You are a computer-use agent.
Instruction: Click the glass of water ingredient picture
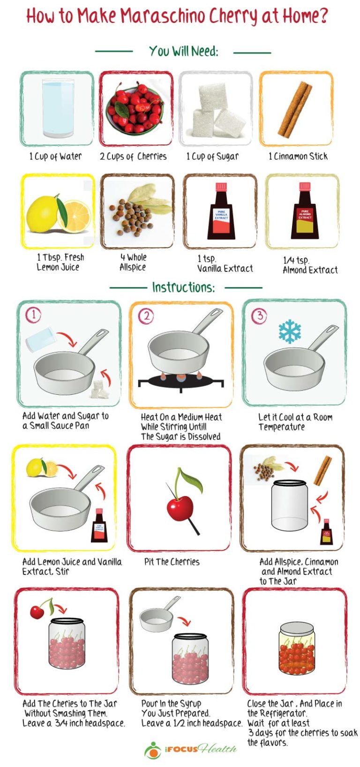(58, 108)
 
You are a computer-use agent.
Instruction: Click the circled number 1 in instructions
(33, 315)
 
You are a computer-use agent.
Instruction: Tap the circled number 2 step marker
(146, 316)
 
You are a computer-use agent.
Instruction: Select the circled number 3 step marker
(259, 316)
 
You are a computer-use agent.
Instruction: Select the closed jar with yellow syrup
(296, 648)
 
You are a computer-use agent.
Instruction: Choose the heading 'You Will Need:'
(183, 51)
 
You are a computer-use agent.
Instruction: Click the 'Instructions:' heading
(183, 287)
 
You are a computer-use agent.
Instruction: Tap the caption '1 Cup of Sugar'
(212, 157)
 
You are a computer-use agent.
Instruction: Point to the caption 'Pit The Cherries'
(172, 562)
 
